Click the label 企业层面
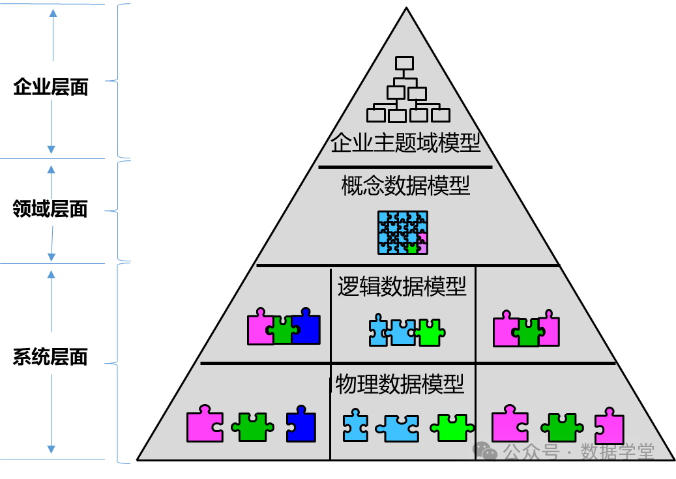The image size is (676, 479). pyautogui.click(x=51, y=87)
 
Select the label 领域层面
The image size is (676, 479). pyautogui.click(x=50, y=209)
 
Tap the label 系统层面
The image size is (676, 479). pyautogui.click(x=50, y=357)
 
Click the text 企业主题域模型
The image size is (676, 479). pyautogui.click(x=405, y=143)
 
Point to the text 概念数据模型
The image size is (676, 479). pyautogui.click(x=405, y=186)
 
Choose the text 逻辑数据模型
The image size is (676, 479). pyautogui.click(x=402, y=286)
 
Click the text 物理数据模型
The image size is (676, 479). pyautogui.click(x=400, y=384)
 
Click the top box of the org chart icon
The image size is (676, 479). pyautogui.click(x=404, y=63)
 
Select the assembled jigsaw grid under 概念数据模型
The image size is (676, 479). pyautogui.click(x=403, y=233)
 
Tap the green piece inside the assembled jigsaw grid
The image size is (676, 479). pyautogui.click(x=412, y=248)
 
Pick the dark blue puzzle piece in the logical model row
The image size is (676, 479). pyautogui.click(x=306, y=327)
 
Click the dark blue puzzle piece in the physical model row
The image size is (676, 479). pyautogui.click(x=301, y=424)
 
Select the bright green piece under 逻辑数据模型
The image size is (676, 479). pyautogui.click(x=430, y=332)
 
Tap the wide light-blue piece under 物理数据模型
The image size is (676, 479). pyautogui.click(x=397, y=428)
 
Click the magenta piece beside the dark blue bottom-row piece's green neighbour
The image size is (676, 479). pyautogui.click(x=205, y=424)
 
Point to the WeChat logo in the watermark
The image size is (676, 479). pyautogui.click(x=486, y=450)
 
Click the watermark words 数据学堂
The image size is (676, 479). pyautogui.click(x=617, y=452)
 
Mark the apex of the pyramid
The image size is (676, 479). pyautogui.click(x=406, y=7)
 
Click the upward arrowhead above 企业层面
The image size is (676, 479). pyautogui.click(x=53, y=14)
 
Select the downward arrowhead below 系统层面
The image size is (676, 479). pyautogui.click(x=51, y=449)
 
